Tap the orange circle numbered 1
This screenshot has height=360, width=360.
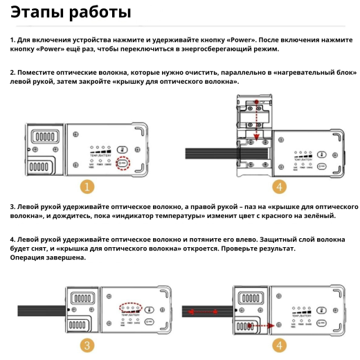[x=87, y=187]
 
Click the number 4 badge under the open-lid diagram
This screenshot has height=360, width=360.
[x=279, y=187]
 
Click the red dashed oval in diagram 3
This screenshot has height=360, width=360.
[x=129, y=306]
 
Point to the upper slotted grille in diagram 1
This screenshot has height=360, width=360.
[x=44, y=138]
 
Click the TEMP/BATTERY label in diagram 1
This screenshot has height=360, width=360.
[x=101, y=157]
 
